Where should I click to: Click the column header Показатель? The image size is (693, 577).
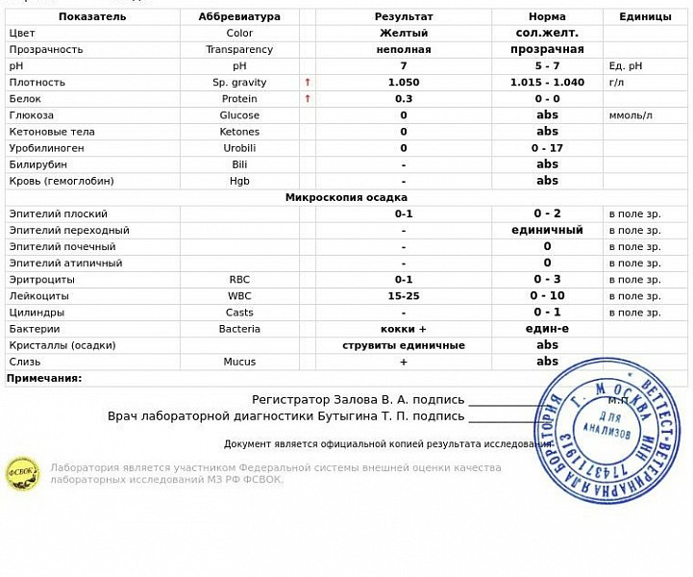tap(91, 16)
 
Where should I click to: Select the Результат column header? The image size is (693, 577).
tap(403, 16)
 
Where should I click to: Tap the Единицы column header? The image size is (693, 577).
tap(645, 16)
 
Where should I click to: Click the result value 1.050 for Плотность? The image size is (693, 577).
tap(403, 83)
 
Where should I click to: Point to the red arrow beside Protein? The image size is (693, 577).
tap(308, 99)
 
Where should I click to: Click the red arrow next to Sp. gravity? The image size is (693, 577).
tap(308, 83)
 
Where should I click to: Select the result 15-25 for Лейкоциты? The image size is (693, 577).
tap(403, 296)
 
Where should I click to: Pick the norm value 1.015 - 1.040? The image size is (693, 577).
tap(547, 83)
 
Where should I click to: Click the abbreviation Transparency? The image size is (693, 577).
tap(239, 50)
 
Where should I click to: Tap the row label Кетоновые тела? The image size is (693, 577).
tap(47, 132)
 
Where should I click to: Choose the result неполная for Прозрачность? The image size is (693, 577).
tap(403, 50)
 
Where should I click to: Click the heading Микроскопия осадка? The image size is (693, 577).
tap(346, 198)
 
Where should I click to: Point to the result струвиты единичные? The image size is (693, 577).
tap(403, 345)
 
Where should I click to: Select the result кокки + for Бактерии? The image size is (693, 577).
tap(403, 329)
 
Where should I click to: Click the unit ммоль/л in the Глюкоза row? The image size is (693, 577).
tap(631, 115)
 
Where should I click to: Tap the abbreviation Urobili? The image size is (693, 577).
tap(239, 148)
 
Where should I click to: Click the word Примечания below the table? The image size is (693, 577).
tap(44, 379)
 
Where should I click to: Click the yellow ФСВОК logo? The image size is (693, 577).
tap(22, 474)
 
